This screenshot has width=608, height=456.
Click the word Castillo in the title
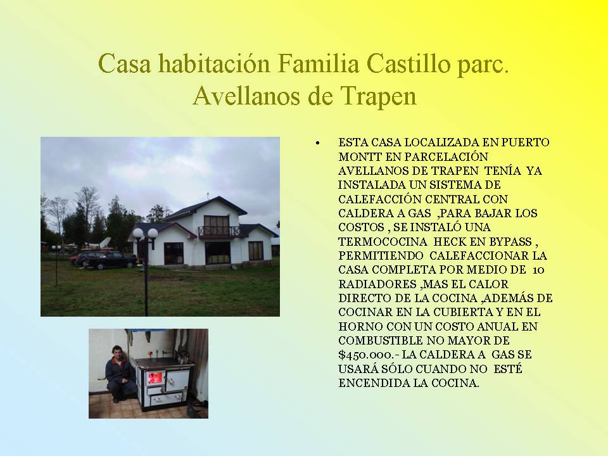click(408, 63)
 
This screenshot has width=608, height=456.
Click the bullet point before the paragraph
click(318, 143)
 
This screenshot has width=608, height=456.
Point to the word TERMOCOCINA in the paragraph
click(383, 241)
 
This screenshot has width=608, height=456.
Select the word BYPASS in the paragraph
click(510, 241)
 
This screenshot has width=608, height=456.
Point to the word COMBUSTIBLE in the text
click(380, 341)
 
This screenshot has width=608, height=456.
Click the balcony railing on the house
click(218, 232)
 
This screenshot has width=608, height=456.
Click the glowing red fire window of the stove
click(155, 377)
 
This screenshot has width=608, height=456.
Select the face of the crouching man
click(117, 353)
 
